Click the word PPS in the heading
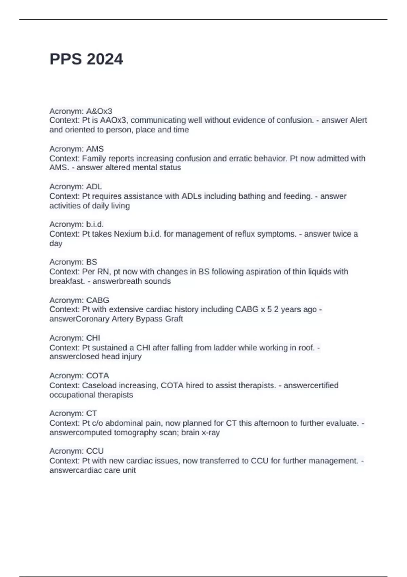tap(66, 59)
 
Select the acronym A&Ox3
tap(99, 111)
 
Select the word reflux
tap(245, 234)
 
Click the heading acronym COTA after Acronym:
tap(97, 376)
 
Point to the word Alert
tap(358, 120)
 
